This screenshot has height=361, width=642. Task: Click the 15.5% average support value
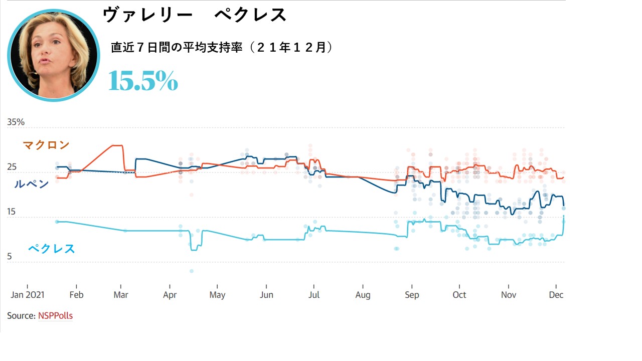pyautogui.click(x=143, y=81)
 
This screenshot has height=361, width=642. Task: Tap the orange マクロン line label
pyautogui.click(x=46, y=145)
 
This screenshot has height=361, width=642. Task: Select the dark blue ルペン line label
pyautogui.click(x=31, y=184)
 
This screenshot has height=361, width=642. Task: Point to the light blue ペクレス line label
pyautogui.click(x=51, y=248)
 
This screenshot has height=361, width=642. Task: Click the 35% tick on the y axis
pyautogui.click(x=16, y=122)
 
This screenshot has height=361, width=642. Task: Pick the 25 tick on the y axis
pyautogui.click(x=12, y=167)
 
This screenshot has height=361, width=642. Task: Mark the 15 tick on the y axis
pyautogui.click(x=12, y=212)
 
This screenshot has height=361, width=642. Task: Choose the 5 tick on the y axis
pyautogui.click(x=10, y=257)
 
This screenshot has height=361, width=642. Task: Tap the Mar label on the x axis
pyautogui.click(x=120, y=295)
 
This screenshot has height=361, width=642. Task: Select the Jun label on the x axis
pyautogui.click(x=266, y=295)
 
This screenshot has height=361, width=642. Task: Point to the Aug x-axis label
pyautogui.click(x=363, y=295)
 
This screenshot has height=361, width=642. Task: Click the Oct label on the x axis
pyautogui.click(x=459, y=295)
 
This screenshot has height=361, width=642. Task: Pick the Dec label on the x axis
pyautogui.click(x=556, y=295)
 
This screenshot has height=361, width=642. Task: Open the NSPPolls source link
pyautogui.click(x=55, y=316)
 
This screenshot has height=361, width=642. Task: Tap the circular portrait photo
pyautogui.click(x=54, y=55)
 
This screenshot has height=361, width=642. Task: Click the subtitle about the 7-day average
pyautogui.click(x=221, y=48)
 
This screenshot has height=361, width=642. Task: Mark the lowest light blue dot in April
pyautogui.click(x=192, y=271)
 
